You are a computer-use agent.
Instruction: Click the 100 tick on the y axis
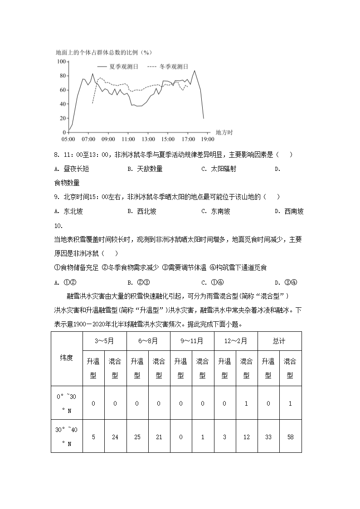61,62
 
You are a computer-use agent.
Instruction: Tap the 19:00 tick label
208,139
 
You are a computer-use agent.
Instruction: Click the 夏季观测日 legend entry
123,66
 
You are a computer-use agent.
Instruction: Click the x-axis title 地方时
224,132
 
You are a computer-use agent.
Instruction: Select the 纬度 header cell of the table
66,358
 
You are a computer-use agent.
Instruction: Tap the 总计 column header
279,341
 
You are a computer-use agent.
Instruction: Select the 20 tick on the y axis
62,118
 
